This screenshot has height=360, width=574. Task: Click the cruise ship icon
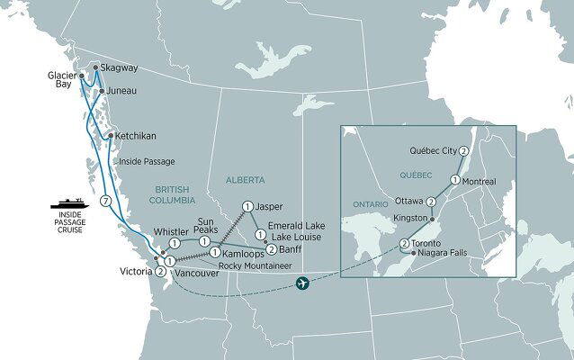pos(69,201)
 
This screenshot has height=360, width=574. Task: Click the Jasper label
pos(269,207)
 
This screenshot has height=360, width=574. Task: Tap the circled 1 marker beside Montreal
pos(455,180)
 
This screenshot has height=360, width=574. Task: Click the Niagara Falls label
pos(447,254)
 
